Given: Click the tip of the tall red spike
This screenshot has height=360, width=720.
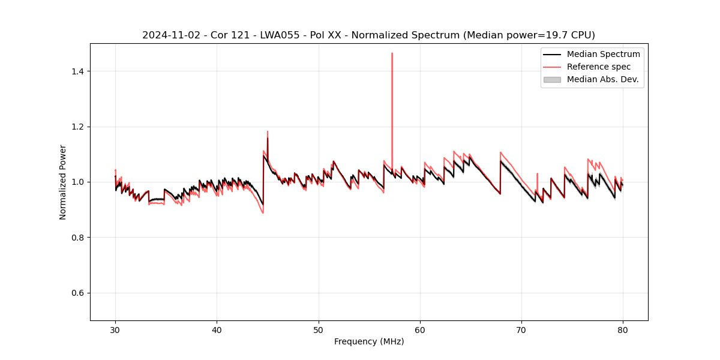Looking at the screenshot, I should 392,53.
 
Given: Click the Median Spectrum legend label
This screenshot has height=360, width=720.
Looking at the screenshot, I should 603,54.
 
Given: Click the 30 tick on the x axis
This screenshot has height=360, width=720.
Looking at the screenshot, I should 115,330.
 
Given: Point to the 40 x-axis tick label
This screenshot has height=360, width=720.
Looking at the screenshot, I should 217,330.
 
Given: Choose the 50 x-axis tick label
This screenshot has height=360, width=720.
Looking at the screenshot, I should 319,330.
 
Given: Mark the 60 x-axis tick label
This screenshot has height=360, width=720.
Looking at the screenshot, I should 420,330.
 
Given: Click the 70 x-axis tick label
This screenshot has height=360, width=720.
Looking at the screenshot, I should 521,330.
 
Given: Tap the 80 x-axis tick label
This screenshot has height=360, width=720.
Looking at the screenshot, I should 623,330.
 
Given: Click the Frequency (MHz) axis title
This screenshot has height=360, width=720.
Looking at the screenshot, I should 369,342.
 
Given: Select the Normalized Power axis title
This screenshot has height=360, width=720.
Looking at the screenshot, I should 63,182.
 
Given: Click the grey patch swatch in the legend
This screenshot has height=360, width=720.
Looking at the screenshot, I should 552,79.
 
